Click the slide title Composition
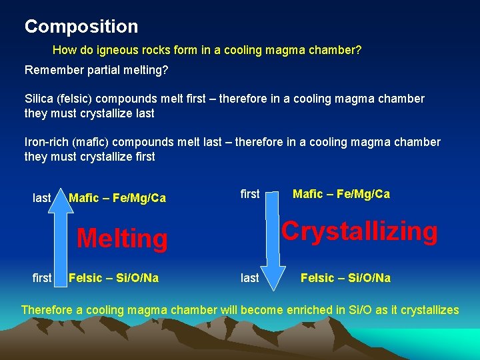click(81, 27)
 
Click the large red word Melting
click(122, 239)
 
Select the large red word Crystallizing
click(359, 231)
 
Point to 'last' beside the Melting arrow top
click(42, 198)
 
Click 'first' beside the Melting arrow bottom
click(42, 278)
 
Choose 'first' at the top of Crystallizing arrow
click(250, 194)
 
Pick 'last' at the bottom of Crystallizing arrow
click(249, 278)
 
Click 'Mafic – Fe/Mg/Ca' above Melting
click(117, 198)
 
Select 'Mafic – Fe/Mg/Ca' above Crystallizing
click(341, 194)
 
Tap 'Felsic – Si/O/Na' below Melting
click(114, 278)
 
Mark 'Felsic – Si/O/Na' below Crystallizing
click(345, 278)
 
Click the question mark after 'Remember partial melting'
click(166, 70)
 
